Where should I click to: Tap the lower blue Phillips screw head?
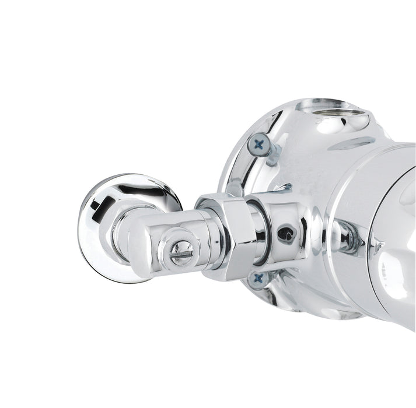point(258,279)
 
